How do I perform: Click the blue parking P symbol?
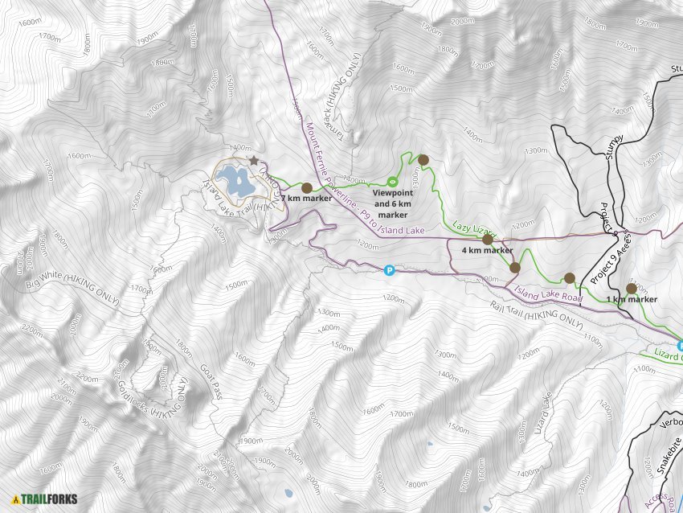click(390, 271)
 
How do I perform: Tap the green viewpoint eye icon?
click(393, 182)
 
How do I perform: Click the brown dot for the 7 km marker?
click(306, 187)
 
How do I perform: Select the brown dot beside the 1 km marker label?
click(632, 289)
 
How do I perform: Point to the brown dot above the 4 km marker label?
click(487, 239)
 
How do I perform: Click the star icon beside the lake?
click(254, 162)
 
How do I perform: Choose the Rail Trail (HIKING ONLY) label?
click(536, 314)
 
